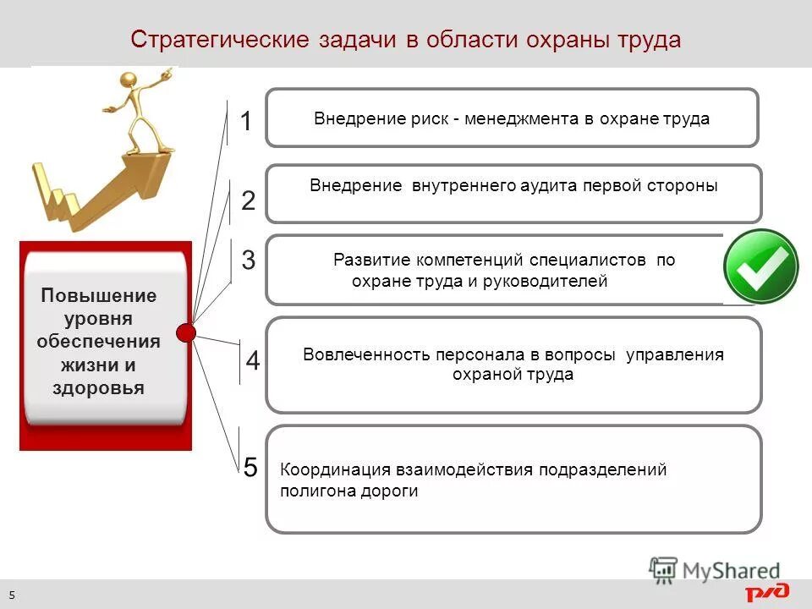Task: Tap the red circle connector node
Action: tap(187, 332)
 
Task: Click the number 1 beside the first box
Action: tap(246, 123)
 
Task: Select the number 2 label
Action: tap(248, 200)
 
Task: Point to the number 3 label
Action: tap(248, 261)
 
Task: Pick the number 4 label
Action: tap(253, 362)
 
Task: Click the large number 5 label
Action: tap(250, 467)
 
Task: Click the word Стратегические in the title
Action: tap(221, 40)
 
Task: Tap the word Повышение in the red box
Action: tap(99, 296)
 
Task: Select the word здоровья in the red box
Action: tap(98, 388)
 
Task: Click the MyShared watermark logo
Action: tap(715, 570)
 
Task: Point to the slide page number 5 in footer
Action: tap(13, 595)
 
